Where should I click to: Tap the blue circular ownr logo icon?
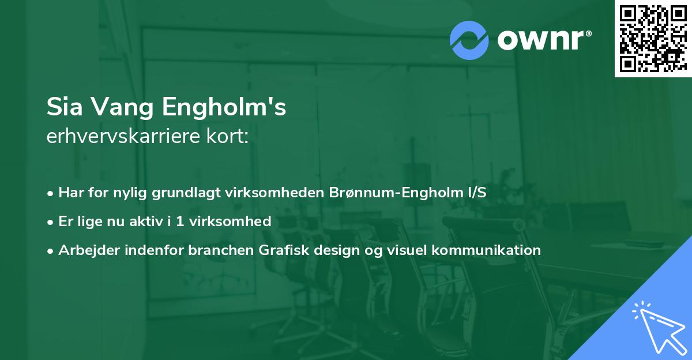(x=469, y=40)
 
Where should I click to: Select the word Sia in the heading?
(x=64, y=107)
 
